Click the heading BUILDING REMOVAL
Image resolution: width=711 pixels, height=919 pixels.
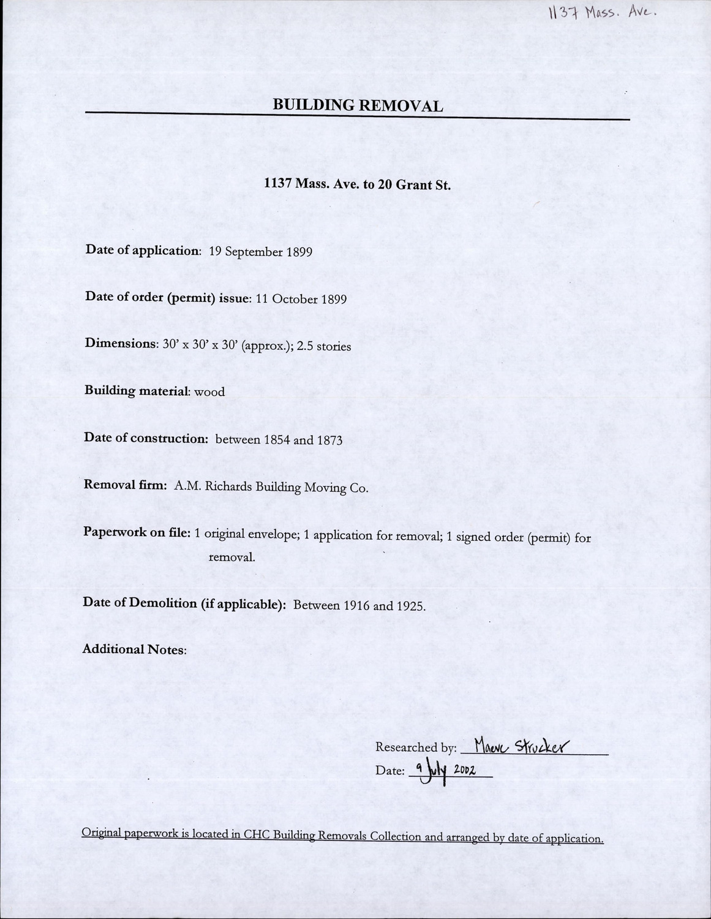coord(358,105)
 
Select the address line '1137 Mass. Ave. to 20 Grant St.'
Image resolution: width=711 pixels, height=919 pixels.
coord(357,184)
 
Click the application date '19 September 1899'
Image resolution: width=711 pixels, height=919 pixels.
coord(261,251)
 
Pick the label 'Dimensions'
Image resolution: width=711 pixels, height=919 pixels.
coord(120,343)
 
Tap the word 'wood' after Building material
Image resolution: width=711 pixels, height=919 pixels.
coord(209,391)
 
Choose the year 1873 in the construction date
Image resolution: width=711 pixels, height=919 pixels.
coord(329,440)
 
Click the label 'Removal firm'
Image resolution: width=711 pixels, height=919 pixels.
coord(124,485)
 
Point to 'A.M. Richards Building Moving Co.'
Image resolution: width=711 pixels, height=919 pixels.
coord(271,488)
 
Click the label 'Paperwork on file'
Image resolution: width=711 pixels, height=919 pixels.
coord(135,532)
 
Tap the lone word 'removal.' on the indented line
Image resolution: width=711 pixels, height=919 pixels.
coord(232,558)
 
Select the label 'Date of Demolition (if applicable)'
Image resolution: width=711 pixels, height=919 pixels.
coord(184,603)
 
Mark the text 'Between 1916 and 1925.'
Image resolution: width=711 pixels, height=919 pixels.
coord(359,605)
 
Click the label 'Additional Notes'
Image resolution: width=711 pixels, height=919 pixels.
coord(134,649)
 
